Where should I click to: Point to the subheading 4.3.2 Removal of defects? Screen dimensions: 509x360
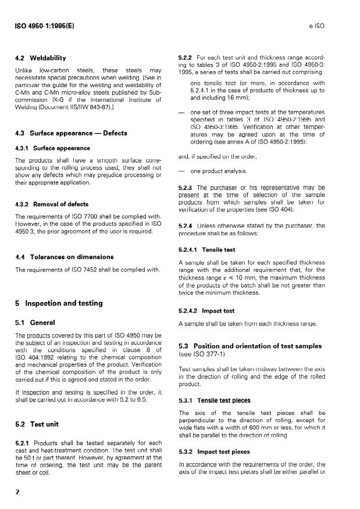[52, 204]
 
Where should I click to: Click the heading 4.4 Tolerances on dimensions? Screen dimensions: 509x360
[64, 257]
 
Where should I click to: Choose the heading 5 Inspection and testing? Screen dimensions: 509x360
[59, 303]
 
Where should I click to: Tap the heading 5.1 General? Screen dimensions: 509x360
[35, 322]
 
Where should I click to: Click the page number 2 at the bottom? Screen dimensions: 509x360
[17, 492]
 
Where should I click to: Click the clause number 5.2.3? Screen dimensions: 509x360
[186, 188]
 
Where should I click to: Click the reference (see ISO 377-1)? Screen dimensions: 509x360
[201, 354]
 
